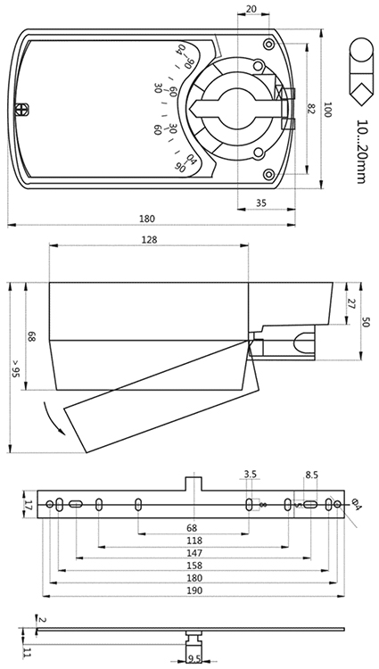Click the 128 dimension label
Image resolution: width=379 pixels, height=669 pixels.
pyautogui.click(x=150, y=240)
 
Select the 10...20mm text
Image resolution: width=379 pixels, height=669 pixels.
pyautogui.click(x=360, y=152)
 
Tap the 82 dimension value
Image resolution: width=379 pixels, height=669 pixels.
pyautogui.click(x=310, y=109)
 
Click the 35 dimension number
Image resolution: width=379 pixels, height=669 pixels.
pyautogui.click(x=261, y=203)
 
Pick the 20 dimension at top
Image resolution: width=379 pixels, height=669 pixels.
pyautogui.click(x=251, y=10)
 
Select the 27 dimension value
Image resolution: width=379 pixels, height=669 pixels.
pyautogui.click(x=351, y=304)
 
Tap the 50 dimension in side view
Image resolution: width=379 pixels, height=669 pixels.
pyautogui.click(x=366, y=321)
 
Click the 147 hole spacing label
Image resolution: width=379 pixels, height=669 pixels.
pyautogui.click(x=194, y=553)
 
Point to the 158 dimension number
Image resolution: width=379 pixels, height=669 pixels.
pyautogui.click(x=194, y=566)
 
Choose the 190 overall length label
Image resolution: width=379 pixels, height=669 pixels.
pyautogui.click(x=194, y=591)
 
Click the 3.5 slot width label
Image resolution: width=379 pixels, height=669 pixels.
pyautogui.click(x=251, y=475)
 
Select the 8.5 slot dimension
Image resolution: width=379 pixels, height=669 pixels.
pyautogui.click(x=311, y=475)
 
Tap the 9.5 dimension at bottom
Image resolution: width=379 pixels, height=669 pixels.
pyautogui.click(x=194, y=661)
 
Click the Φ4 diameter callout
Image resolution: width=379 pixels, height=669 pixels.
pyautogui.click(x=357, y=505)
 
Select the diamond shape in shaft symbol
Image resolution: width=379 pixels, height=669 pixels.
pyautogui.click(x=360, y=94)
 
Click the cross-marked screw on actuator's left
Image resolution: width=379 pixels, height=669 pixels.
pyautogui.click(x=21, y=110)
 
